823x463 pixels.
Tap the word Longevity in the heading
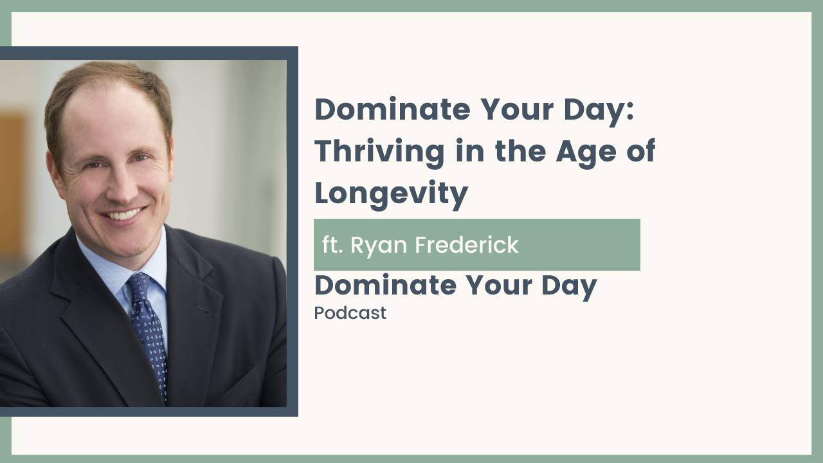(x=391, y=194)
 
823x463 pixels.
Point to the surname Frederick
(x=467, y=245)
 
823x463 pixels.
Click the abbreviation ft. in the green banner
(x=333, y=245)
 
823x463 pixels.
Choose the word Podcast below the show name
(x=350, y=313)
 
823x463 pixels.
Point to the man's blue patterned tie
(x=149, y=328)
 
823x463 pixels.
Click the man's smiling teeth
(x=123, y=214)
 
